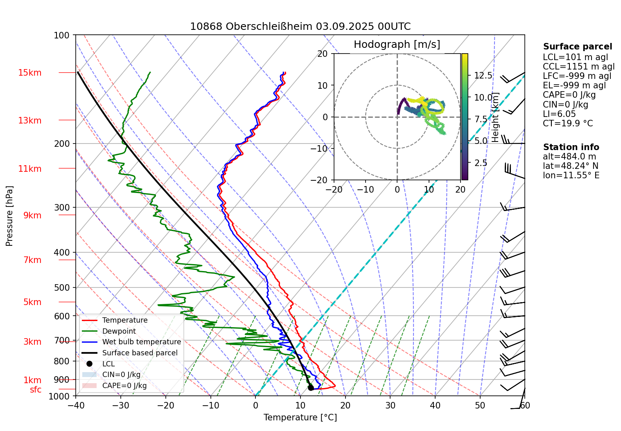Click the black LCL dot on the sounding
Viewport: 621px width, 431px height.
tap(311, 388)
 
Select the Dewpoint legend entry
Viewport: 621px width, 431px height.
tap(119, 331)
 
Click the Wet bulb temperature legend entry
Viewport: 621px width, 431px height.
tap(141, 342)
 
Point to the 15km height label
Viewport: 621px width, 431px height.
tap(30, 73)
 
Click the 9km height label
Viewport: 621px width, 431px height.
tap(32, 215)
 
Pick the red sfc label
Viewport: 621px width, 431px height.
tap(36, 390)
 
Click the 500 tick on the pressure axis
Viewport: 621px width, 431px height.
tap(62, 288)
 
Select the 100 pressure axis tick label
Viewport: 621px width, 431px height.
tap(62, 36)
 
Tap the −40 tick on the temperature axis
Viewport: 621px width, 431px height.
tap(76, 405)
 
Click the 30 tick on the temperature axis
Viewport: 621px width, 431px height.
tap(390, 405)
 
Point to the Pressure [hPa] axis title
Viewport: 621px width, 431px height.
tap(9, 216)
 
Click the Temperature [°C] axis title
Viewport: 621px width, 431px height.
tap(300, 418)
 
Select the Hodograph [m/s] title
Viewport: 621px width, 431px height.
tap(397, 45)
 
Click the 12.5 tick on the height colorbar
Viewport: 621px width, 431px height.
tap(483, 76)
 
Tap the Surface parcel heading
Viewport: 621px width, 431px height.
tap(577, 47)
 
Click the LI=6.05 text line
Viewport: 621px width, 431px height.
tap(559, 114)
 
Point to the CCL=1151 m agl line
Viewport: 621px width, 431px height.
tap(578, 67)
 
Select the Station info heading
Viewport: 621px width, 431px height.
tap(571, 147)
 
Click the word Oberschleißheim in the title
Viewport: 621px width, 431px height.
tap(269, 27)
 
